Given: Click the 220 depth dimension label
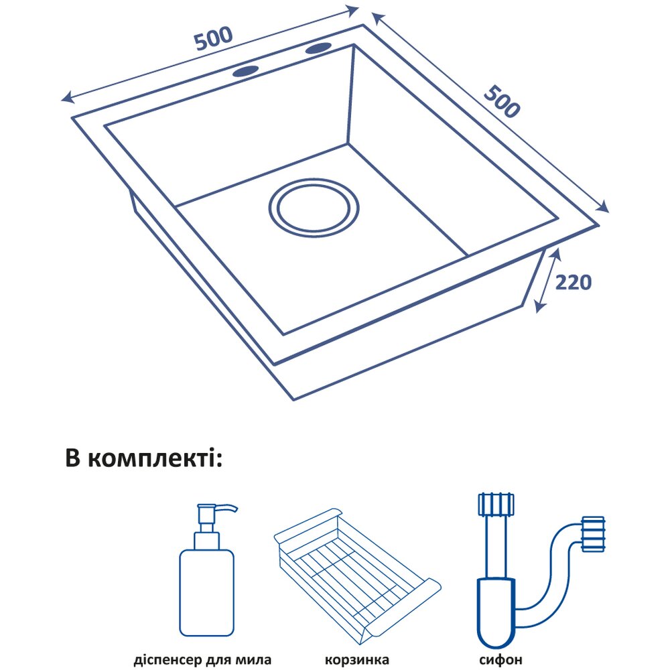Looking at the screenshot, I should click(573, 282).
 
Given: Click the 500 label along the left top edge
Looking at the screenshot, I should click(214, 38).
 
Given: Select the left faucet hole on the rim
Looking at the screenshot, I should click(246, 70).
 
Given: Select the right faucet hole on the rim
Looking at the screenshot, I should click(318, 48).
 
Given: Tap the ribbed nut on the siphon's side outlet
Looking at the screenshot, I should click(594, 535).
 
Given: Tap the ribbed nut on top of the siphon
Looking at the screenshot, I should click(495, 503).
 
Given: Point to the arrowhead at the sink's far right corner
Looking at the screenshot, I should click(604, 207).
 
